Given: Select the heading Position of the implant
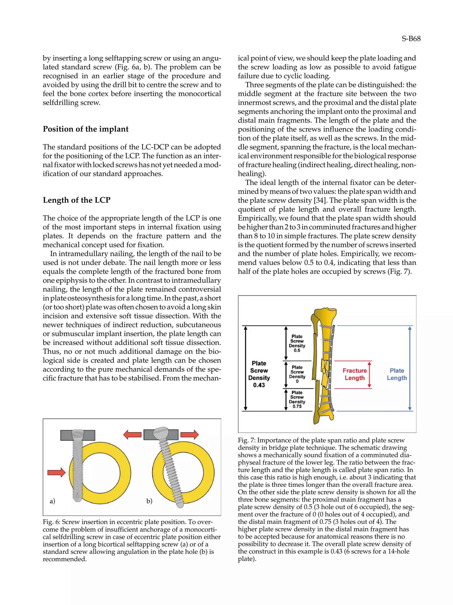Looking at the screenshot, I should pyautogui.click(x=86, y=129).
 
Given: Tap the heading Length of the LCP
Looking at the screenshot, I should pyautogui.click(x=77, y=200).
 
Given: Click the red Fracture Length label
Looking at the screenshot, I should pyautogui.click(x=354, y=374).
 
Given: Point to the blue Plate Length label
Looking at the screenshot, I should pyautogui.click(x=397, y=374).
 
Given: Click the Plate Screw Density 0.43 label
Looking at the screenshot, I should pyautogui.click(x=259, y=374).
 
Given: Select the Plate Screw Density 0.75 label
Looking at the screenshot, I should pyautogui.click(x=297, y=400).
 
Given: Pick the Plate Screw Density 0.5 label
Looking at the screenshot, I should pyautogui.click(x=297, y=343).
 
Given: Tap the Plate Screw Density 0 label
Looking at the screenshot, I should pyautogui.click(x=297, y=374).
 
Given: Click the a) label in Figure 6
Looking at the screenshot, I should pyautogui.click(x=52, y=501).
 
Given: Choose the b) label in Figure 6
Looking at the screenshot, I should pyautogui.click(x=149, y=501).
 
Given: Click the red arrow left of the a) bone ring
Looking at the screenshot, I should pyautogui.click(x=56, y=472).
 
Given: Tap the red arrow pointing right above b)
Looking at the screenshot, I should pyautogui.click(x=190, y=434).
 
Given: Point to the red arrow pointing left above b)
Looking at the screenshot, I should pyautogui.click(x=132, y=434).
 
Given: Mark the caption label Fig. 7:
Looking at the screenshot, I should pyautogui.click(x=246, y=440).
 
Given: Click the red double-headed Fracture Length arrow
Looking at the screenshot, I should pyautogui.click(x=369, y=374).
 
